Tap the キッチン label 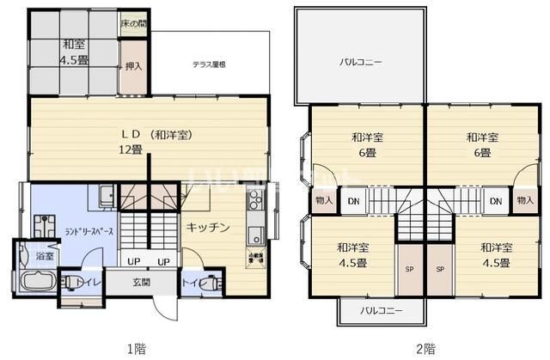pyautogui.click(x=207, y=227)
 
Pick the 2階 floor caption pyautogui.click(x=425, y=348)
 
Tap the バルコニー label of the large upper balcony pyautogui.click(x=360, y=62)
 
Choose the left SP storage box pyautogui.click(x=408, y=268)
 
